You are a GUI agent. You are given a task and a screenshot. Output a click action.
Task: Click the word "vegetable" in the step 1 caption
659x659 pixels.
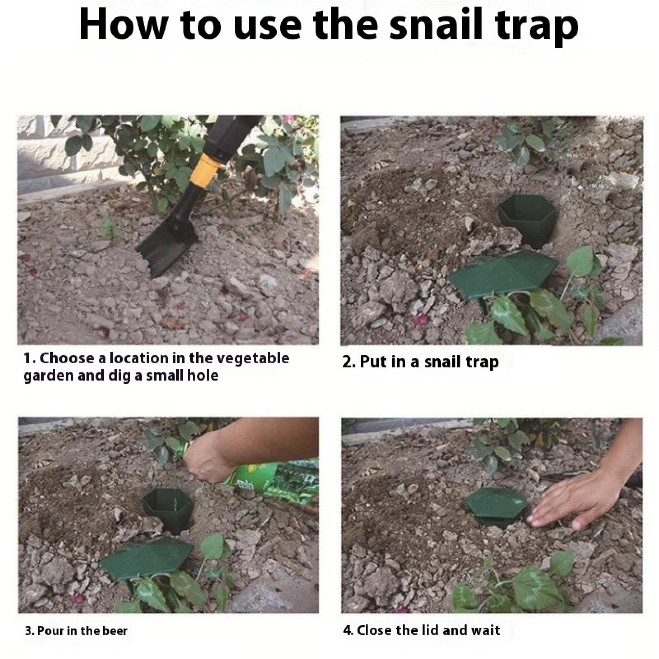point(253,358)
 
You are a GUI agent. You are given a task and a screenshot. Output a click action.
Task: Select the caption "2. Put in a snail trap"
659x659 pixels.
point(421,362)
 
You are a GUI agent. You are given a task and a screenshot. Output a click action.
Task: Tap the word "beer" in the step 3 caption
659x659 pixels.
point(114,631)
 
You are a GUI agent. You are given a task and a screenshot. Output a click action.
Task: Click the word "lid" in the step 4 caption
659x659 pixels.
point(414,631)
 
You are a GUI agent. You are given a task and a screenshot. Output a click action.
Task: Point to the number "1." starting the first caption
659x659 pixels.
point(30,359)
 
